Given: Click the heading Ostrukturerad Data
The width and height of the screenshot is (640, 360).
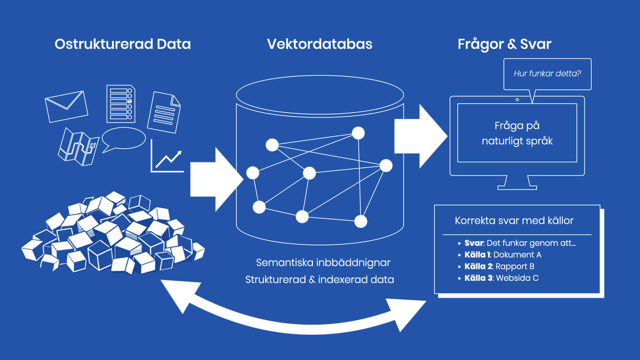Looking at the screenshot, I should coord(122,44).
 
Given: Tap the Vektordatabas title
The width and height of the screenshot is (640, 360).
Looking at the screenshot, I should coord(319,44).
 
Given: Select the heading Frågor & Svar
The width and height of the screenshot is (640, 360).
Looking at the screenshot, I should coord(504,44).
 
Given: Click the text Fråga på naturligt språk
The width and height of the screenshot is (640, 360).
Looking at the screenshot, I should coord(517,134).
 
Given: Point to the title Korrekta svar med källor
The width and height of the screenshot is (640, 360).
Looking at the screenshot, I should coord(514,220).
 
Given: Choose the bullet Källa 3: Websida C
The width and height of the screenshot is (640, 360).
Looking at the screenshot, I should coord(501,278).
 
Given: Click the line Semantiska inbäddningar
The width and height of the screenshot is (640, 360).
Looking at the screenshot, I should coord(324,263).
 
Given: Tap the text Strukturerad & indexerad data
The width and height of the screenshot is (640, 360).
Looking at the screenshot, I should coord(319,279).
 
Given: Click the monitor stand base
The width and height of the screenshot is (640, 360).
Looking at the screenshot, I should coord(517,187).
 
